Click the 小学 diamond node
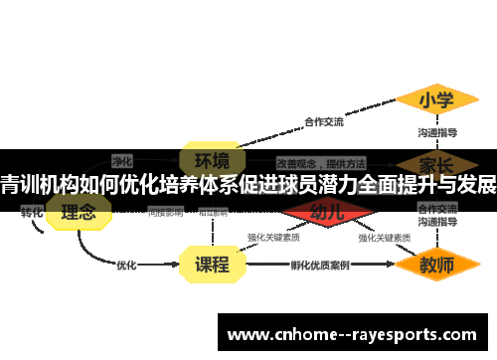(436, 100)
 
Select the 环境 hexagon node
(211, 160)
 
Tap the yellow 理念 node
(79, 212)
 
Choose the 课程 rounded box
(212, 266)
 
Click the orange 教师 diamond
(436, 266)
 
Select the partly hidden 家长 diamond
(436, 162)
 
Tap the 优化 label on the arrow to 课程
(126, 266)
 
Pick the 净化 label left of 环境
(122, 159)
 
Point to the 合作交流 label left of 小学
(324, 122)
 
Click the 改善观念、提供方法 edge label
(320, 162)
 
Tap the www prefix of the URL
(247, 335)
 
